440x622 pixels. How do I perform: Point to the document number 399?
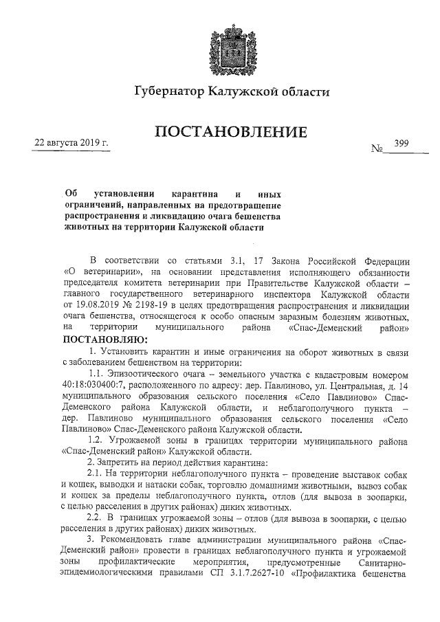(401, 143)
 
